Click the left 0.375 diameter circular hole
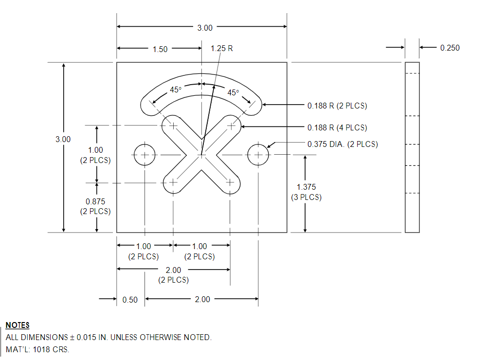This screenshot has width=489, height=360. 145,155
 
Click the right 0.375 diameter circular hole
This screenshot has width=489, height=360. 258,155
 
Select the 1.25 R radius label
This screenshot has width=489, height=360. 221,49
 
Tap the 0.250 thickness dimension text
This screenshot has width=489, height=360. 449,48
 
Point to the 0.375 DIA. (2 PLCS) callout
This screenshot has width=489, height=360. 343,144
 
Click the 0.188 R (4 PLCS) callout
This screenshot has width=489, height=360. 337,127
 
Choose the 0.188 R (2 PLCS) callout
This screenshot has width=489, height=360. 337,106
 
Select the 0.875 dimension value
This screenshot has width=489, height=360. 95,201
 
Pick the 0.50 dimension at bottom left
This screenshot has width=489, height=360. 130,300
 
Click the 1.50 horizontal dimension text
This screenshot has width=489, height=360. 160,49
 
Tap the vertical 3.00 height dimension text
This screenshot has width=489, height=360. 63,139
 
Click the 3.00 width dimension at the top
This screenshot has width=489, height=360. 205,28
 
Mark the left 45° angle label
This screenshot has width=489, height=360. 175,90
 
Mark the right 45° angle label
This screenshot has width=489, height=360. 234,92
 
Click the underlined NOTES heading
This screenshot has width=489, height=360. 18,325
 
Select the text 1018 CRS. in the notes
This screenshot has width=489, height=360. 51,350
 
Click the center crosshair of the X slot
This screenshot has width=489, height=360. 201,155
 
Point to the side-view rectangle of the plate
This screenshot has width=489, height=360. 412,147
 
